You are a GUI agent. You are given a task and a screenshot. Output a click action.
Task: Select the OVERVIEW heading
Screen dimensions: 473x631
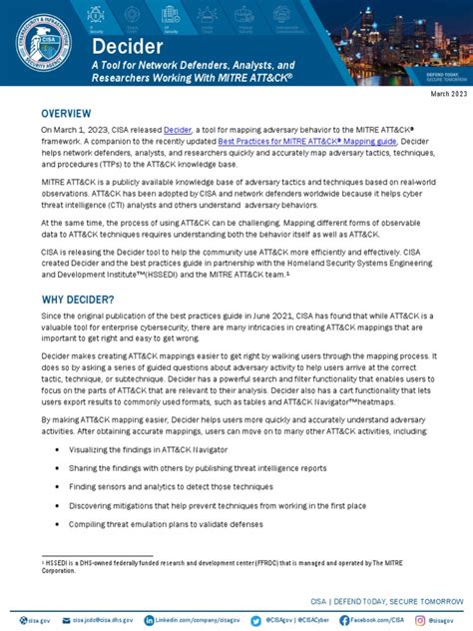click(x=67, y=114)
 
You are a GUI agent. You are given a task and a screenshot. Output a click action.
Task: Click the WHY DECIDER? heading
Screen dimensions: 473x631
click(x=78, y=301)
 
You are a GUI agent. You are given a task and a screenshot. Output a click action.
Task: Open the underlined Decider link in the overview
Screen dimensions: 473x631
click(x=178, y=130)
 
